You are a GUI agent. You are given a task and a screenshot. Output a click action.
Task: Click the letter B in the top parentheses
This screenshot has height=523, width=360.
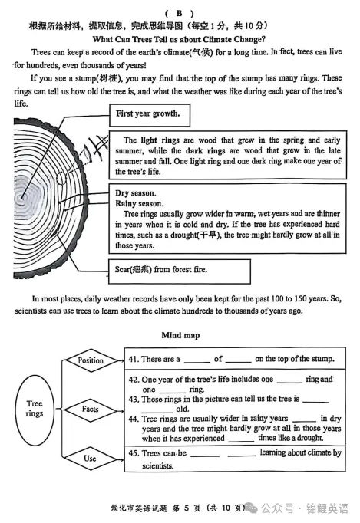coord(180,13)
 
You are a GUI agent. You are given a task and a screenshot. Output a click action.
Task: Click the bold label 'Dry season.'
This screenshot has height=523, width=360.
coord(136,193)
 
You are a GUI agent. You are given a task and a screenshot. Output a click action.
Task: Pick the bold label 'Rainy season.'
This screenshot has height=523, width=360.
coord(139,203)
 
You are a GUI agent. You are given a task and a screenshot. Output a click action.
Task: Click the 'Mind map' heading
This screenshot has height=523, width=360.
coord(180,335)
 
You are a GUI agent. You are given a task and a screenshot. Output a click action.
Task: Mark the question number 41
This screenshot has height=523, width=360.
coord(134,359)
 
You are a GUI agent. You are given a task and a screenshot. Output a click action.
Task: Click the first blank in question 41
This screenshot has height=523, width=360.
coord(197,361)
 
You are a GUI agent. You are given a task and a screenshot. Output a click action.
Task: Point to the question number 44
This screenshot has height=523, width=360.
coord(134,419)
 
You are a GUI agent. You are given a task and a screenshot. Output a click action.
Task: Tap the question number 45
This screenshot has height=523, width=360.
coord(134,453)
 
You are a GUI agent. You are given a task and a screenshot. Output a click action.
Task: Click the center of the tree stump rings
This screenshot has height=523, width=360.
coord(22,198)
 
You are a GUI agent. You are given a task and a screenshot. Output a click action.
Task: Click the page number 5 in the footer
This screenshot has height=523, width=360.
coord(187,508)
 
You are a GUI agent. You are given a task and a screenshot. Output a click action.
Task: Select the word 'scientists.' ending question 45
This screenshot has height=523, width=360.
coord(157,465)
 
